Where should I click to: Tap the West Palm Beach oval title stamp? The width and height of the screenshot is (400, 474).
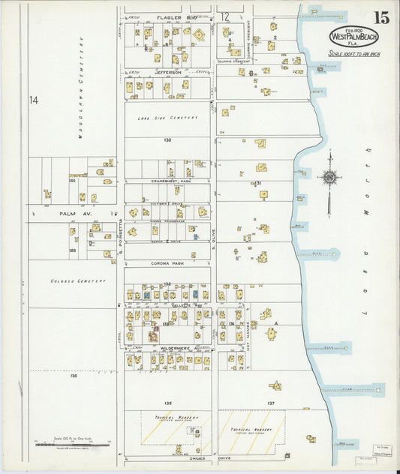pyautogui.click(x=353, y=37)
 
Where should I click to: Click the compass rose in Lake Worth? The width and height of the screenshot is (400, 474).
pyautogui.click(x=329, y=178)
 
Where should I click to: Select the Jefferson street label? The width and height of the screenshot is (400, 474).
pyautogui.click(x=168, y=72)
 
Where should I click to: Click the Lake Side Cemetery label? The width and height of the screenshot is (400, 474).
pyautogui.click(x=168, y=118)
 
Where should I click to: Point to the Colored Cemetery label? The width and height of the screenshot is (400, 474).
pyautogui.click(x=79, y=281)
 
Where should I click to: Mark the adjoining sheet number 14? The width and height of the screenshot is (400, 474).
pyautogui.click(x=33, y=100)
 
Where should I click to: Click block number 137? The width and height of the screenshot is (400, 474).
pyautogui.click(x=271, y=403)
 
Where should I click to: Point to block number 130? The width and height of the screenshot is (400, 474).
pyautogui.click(x=167, y=140)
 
